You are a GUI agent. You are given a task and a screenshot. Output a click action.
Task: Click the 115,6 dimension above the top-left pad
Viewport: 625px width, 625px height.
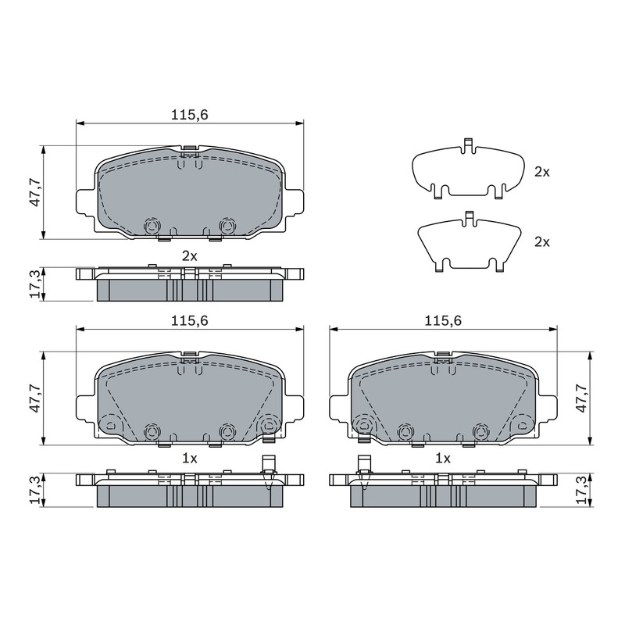[190, 115]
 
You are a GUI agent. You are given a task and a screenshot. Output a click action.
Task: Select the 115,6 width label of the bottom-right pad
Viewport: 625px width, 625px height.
[443, 320]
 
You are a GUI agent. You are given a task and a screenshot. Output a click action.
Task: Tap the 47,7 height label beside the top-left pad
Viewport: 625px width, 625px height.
[35, 192]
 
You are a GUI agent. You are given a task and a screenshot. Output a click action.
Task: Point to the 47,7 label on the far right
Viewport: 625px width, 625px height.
[582, 398]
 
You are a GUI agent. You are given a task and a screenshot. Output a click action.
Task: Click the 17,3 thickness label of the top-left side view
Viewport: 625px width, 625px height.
[35, 284]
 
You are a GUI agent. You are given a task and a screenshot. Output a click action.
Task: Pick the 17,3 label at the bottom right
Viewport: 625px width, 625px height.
[582, 491]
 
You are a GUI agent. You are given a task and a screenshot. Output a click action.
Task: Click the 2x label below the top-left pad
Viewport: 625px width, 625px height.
[190, 256]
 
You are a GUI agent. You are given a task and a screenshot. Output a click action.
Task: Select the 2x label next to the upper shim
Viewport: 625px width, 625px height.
[542, 172]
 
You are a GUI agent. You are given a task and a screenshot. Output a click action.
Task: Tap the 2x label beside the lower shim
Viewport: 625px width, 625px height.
[542, 242]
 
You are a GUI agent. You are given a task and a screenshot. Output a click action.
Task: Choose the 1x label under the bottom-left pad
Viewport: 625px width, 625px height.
[190, 459]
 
